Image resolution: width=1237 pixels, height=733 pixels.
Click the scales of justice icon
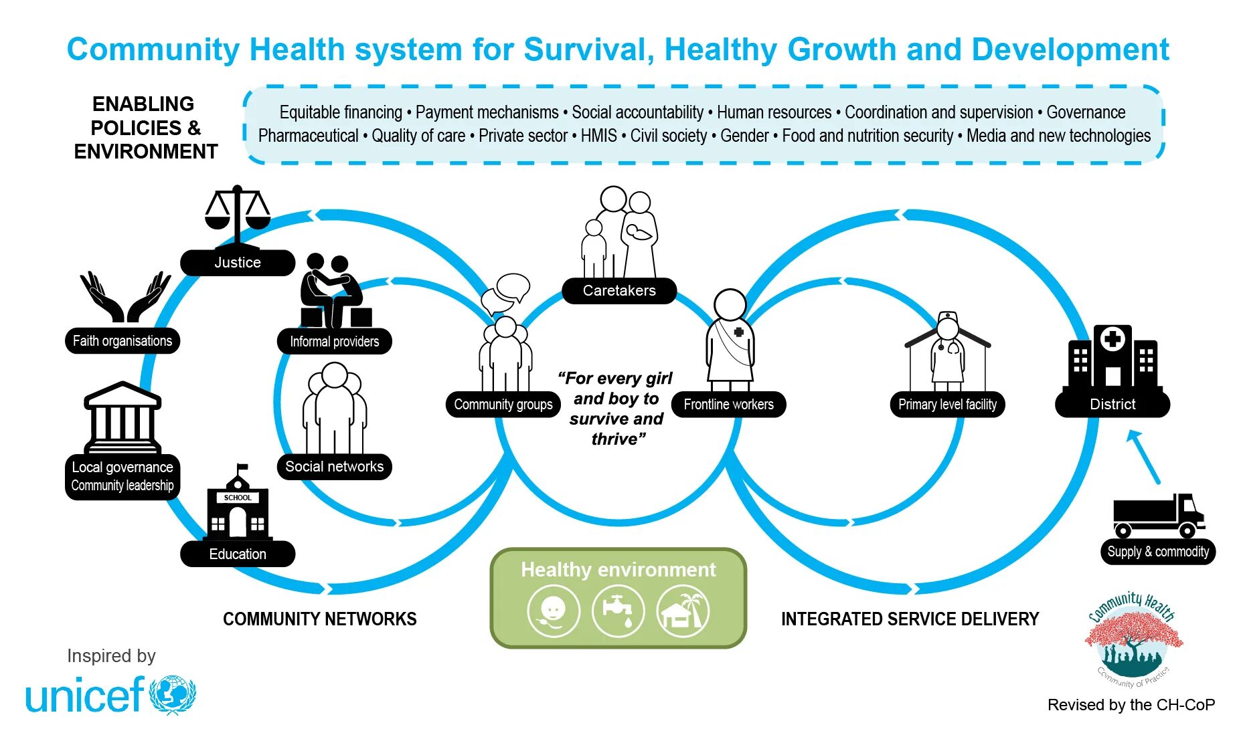click(x=237, y=214)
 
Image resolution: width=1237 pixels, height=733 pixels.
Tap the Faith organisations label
click(x=122, y=341)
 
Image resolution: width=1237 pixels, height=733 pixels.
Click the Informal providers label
click(x=334, y=342)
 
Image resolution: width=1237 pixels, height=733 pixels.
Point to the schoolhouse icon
click(x=238, y=504)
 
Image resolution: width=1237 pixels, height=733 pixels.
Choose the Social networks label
click(x=334, y=467)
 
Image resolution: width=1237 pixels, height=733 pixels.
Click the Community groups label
click(x=503, y=405)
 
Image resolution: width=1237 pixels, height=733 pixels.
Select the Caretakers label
click(x=619, y=291)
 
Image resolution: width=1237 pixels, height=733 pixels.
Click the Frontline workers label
click(x=728, y=405)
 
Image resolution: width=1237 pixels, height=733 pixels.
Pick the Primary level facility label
click(x=947, y=405)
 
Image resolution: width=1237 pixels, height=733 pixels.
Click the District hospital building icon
click(x=1112, y=357)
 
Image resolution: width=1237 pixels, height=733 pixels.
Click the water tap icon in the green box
click(x=618, y=610)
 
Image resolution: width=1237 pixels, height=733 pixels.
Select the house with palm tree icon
click(x=683, y=610)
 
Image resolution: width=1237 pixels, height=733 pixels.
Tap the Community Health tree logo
click(x=1133, y=639)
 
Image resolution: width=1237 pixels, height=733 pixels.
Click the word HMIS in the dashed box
click(x=598, y=136)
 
